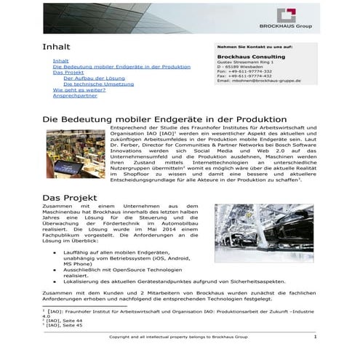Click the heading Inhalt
[56, 47]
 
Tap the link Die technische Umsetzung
[94, 84]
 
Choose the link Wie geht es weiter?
[79, 89]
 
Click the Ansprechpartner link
[75, 95]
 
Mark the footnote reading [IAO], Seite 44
[65, 320]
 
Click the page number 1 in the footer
[335, 337]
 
